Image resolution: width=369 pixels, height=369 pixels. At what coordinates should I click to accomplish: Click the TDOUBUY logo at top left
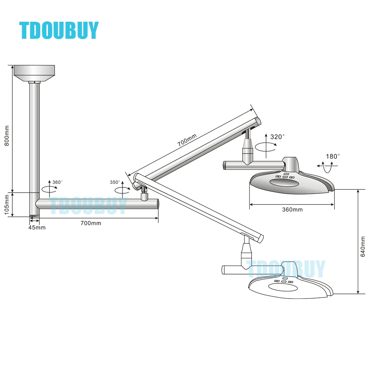[59, 30]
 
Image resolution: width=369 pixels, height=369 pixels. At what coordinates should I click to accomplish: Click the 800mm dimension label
[7, 135]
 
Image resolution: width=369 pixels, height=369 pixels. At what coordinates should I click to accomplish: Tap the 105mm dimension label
[7, 204]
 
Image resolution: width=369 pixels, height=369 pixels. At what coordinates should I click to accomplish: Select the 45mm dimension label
[37, 228]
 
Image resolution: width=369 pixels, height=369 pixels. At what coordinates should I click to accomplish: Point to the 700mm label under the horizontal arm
[91, 223]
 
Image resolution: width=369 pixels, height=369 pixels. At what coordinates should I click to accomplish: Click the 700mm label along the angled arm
[187, 140]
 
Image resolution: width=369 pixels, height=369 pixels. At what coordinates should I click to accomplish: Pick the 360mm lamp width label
[292, 210]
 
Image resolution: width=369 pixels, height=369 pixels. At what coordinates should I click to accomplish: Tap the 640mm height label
[363, 246]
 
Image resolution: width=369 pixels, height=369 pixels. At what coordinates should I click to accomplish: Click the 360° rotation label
[58, 182]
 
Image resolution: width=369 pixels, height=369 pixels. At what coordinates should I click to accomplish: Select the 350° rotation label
[115, 182]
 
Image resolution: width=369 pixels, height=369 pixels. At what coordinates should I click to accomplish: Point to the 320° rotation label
[277, 137]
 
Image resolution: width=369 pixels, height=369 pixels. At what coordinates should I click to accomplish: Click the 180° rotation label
[333, 156]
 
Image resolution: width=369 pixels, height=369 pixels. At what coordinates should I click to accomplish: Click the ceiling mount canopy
[34, 73]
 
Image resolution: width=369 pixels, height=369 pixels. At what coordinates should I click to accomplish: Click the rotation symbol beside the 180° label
[327, 167]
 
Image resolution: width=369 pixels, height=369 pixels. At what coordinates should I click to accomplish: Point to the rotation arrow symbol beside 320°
[266, 146]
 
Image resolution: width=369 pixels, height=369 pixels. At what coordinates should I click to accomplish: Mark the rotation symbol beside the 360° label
[49, 189]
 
